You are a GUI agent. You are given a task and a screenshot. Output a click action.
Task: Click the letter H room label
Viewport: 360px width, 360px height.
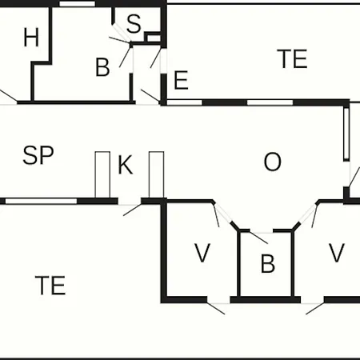click(31, 38)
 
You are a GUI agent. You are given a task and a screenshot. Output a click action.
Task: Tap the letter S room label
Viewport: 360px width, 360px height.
click(134, 24)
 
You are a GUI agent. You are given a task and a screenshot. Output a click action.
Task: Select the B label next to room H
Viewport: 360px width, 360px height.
click(102, 67)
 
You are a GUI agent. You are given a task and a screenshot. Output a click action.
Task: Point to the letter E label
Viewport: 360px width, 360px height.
click(181, 80)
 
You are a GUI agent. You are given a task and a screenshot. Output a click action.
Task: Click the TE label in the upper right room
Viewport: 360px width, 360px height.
click(292, 58)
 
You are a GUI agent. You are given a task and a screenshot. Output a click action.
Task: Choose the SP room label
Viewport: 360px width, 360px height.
click(38, 155)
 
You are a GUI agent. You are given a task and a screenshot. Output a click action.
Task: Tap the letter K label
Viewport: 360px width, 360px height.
click(125, 165)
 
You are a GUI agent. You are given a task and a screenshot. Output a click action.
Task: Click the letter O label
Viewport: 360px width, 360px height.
click(272, 162)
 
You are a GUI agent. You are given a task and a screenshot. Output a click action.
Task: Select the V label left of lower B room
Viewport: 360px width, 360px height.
click(202, 253)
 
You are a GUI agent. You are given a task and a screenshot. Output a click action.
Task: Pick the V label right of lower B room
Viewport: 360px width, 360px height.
click(337, 253)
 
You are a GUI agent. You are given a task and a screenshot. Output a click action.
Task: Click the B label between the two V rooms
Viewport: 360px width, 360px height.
click(268, 263)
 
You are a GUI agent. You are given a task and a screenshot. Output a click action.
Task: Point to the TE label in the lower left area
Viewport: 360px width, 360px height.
click(50, 285)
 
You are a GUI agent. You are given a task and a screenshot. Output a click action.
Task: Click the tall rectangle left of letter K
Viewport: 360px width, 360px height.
click(102, 174)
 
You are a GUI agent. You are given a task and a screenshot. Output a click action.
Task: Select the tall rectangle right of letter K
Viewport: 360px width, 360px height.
click(157, 174)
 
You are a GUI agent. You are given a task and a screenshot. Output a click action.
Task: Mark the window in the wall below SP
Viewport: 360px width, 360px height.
click(42, 201)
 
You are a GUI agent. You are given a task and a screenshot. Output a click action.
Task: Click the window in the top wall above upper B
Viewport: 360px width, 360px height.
click(77, 4)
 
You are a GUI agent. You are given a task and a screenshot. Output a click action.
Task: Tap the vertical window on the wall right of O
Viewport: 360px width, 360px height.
click(346, 134)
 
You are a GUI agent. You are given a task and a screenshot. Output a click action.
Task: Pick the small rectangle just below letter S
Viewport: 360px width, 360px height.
click(154, 38)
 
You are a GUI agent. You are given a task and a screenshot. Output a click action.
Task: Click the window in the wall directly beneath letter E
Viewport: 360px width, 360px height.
click(185, 102)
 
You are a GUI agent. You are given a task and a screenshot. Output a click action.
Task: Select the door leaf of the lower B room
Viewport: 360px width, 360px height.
click(258, 238)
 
